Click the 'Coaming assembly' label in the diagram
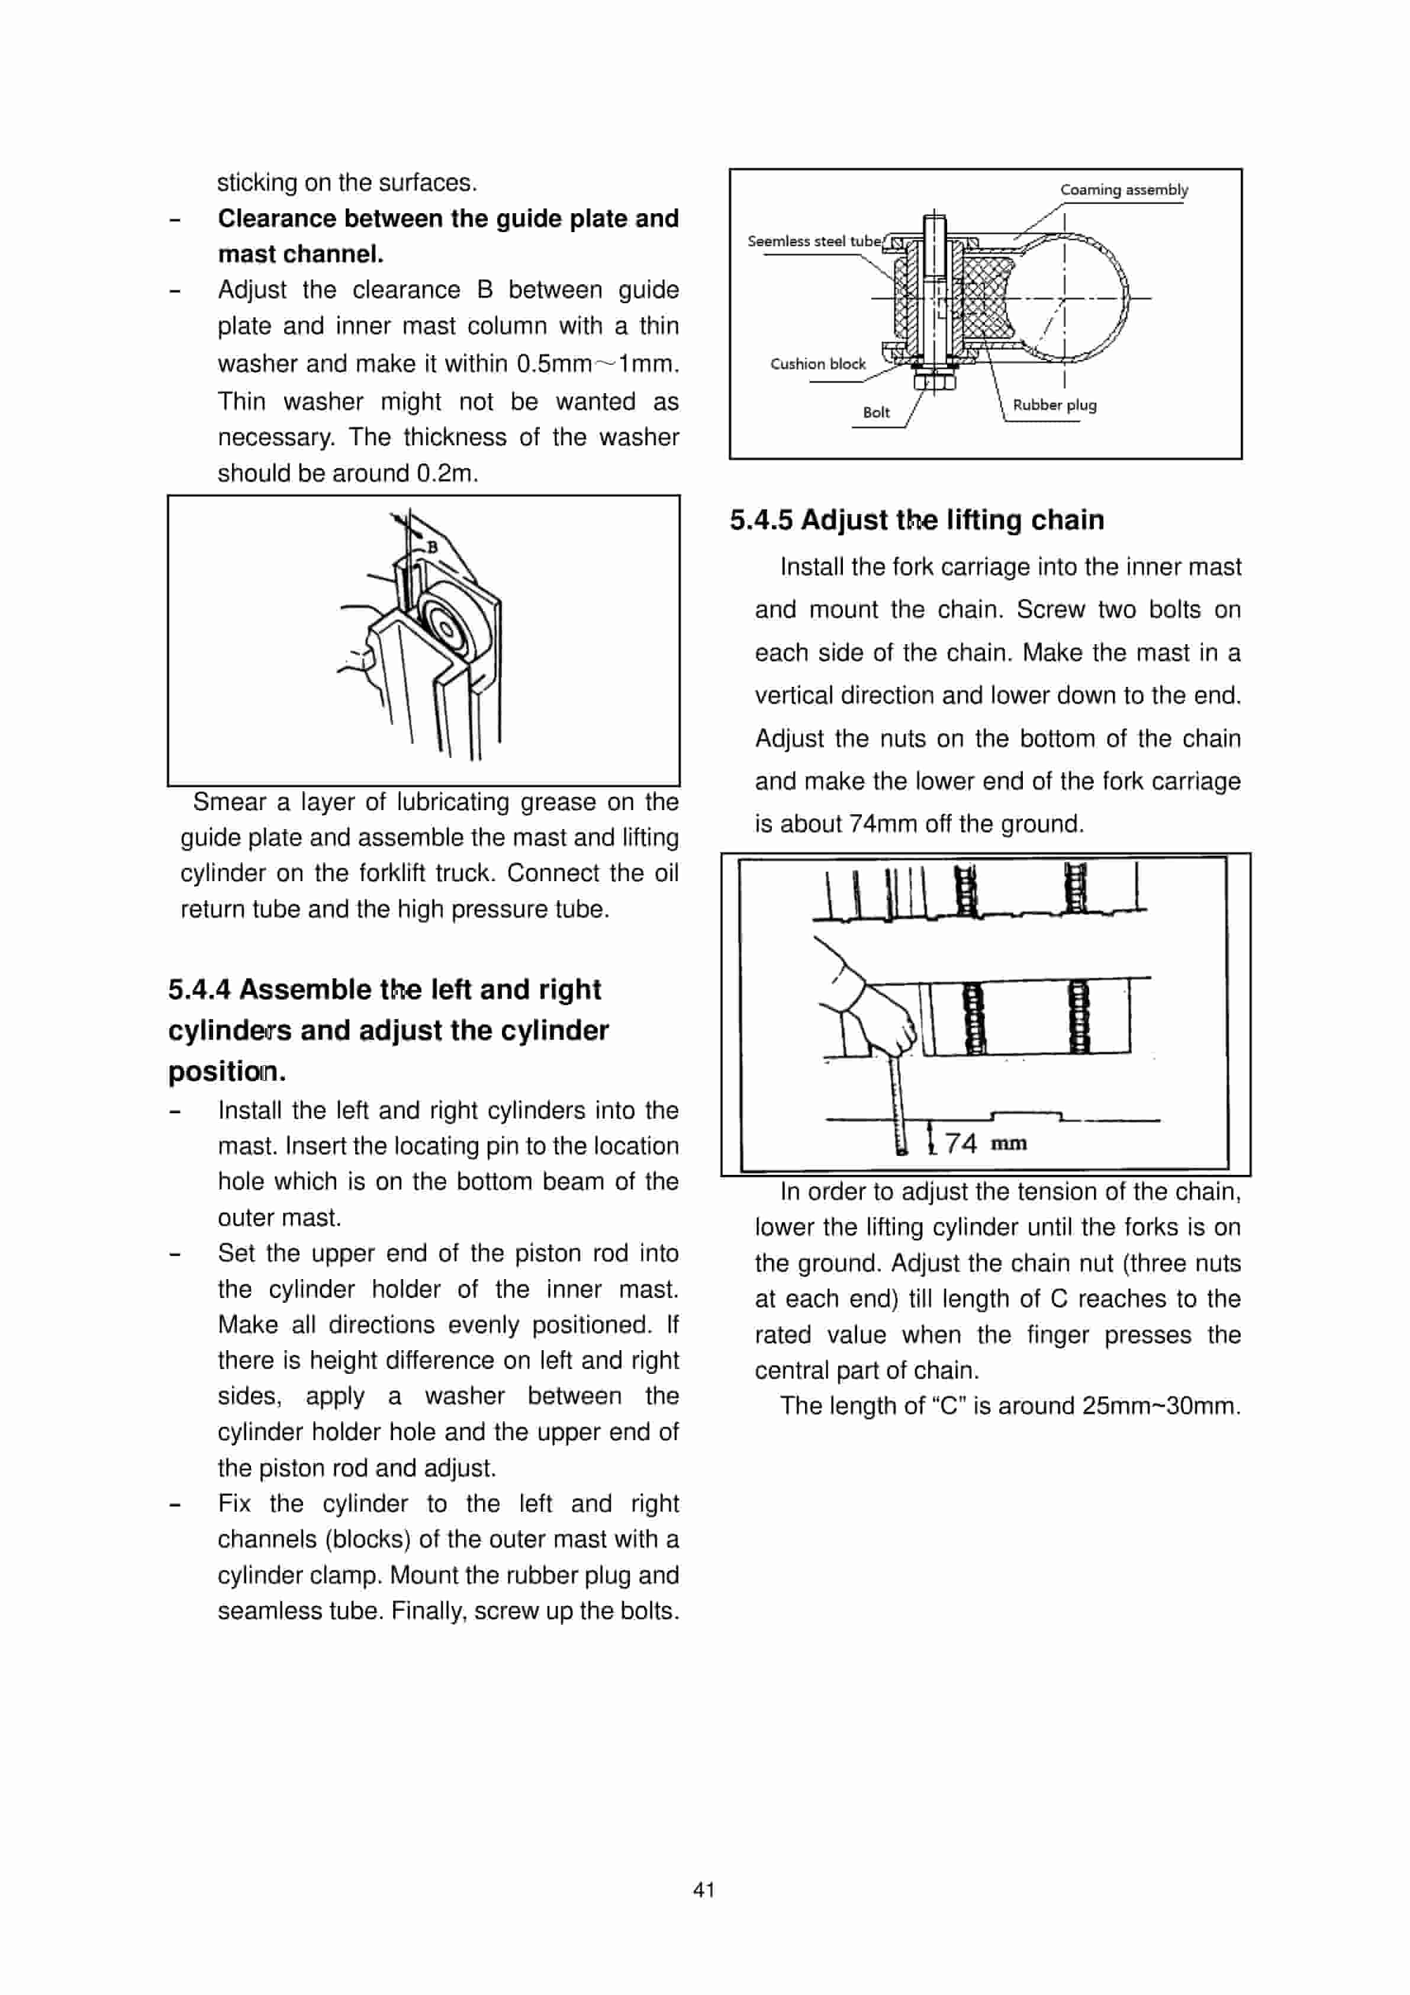pyautogui.click(x=1124, y=189)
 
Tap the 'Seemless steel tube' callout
pyautogui.click(x=813, y=242)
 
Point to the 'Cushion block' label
pyautogui.click(x=817, y=364)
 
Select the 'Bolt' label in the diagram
pyautogui.click(x=875, y=413)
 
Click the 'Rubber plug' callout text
pyautogui.click(x=1054, y=405)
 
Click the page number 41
pyautogui.click(x=704, y=1889)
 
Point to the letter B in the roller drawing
pyautogui.click(x=432, y=547)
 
